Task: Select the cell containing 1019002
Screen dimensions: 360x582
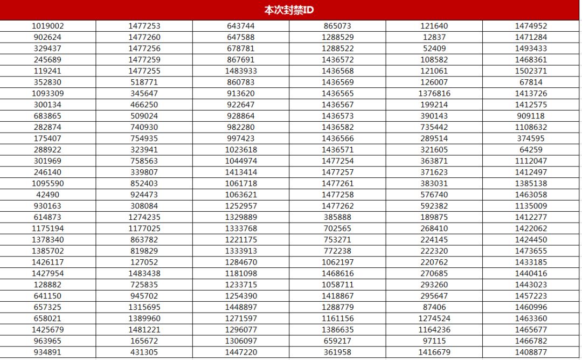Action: [47, 26]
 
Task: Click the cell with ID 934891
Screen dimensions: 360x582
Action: [47, 352]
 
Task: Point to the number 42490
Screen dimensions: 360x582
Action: [47, 195]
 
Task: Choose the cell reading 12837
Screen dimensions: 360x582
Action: [434, 37]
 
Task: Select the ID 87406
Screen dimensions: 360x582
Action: [434, 307]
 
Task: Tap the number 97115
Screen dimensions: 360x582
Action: [434, 341]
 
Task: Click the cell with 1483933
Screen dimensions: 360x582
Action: [241, 71]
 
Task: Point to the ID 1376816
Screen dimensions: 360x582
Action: [434, 93]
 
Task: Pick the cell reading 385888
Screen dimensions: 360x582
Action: [337, 217]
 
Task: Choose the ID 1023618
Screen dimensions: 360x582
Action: [241, 149]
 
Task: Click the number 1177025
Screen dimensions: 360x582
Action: [144, 228]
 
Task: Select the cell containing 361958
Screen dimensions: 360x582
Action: [337, 352]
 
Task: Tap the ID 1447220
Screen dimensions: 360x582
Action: [241, 352]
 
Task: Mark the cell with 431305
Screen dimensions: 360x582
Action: [144, 352]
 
